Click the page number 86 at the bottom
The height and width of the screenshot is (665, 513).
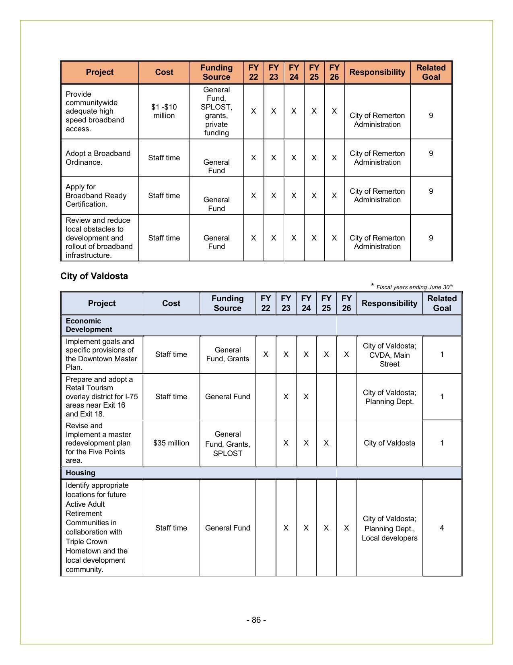[256, 620]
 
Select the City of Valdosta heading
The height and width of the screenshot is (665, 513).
[94, 276]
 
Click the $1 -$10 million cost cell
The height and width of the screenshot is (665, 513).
[164, 112]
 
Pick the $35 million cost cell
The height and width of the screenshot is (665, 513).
[171, 443]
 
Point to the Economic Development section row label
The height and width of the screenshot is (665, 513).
[89, 325]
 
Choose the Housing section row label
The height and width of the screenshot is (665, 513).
[80, 473]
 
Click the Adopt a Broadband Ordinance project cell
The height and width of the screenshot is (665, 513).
[98, 158]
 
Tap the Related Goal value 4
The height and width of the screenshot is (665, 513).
[442, 528]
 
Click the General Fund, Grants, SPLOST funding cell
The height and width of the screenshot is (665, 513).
[228, 443]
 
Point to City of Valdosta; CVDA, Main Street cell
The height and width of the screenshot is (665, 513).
[389, 355]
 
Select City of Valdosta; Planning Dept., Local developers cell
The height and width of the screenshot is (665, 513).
[389, 528]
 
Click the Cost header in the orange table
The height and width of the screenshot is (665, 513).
[164, 73]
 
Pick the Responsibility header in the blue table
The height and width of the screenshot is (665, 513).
[389, 303]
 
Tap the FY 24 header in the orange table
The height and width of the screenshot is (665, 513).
[294, 73]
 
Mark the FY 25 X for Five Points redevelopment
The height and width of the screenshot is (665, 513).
[326, 443]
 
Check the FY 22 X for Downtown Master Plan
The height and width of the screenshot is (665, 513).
[266, 354]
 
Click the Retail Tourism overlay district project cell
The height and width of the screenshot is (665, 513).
[102, 397]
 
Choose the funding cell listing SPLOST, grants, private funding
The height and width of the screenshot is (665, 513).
[216, 112]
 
